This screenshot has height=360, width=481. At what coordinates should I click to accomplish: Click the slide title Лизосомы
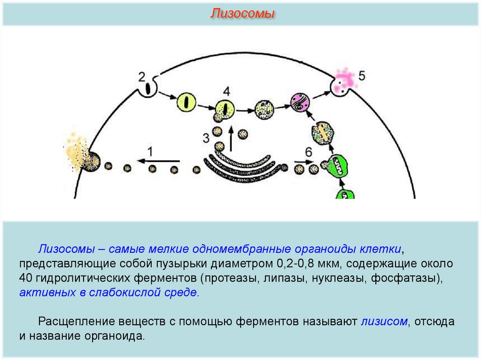tap(242, 14)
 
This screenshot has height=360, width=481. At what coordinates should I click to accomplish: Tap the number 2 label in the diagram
tap(143, 77)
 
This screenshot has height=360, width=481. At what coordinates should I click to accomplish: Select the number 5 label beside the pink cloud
tap(361, 76)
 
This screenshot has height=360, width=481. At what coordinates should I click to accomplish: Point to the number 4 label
tap(227, 91)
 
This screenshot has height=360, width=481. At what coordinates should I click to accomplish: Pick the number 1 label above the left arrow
tap(150, 151)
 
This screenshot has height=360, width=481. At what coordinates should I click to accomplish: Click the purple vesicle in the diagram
tap(298, 103)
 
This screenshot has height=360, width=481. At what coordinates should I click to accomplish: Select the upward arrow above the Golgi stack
tap(231, 137)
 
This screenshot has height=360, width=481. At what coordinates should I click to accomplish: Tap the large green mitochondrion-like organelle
tap(339, 165)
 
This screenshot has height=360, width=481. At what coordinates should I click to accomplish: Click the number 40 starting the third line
tap(25, 278)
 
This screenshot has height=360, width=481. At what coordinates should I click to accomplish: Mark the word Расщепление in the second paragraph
tap(72, 322)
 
